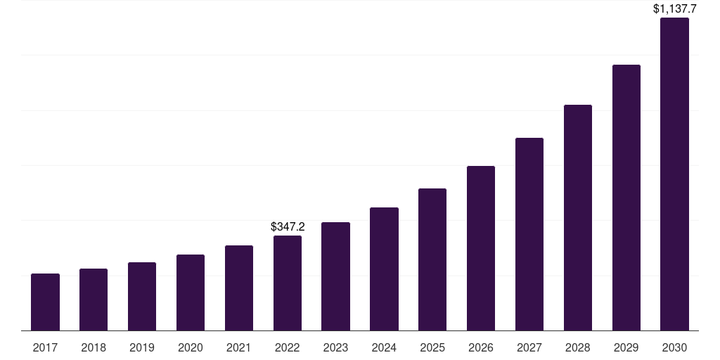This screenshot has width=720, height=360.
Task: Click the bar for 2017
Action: click(45, 302)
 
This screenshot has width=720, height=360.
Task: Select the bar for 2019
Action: click(142, 297)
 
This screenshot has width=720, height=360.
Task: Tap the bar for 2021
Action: click(239, 288)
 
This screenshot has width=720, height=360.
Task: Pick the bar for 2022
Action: click(288, 283)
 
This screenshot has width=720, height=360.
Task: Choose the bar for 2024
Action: click(384, 269)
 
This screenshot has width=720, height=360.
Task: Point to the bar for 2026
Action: click(481, 248)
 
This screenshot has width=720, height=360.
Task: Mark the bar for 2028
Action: click(578, 218)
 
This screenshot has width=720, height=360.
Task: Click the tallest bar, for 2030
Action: click(674, 174)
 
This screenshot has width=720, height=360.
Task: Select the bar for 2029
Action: click(626, 198)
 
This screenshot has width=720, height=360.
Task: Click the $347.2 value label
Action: click(288, 227)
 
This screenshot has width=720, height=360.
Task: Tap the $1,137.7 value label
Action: click(674, 9)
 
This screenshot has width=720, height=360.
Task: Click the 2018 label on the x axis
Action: click(94, 347)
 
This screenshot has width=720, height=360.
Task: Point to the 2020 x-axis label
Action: click(191, 347)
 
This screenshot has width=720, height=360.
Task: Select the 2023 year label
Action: click(335, 347)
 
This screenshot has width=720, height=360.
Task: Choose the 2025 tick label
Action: click(432, 347)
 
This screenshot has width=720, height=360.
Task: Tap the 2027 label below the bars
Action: click(529, 347)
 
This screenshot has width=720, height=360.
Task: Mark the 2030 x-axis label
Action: click(674, 347)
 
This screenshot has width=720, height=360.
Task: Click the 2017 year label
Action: click(45, 347)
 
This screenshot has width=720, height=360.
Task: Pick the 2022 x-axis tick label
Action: click(288, 347)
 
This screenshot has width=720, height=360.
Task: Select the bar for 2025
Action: click(432, 259)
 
